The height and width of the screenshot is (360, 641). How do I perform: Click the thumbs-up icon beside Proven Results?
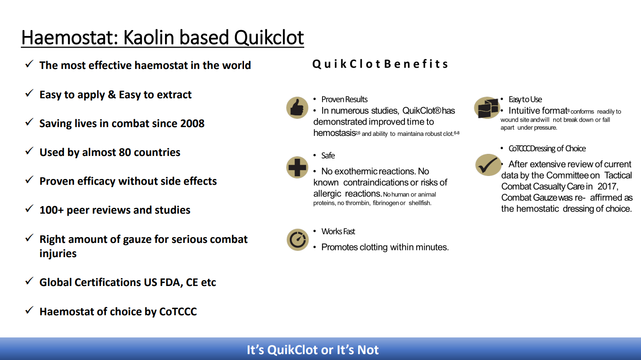coord(297,108)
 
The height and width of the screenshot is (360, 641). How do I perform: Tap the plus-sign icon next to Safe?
coord(297,167)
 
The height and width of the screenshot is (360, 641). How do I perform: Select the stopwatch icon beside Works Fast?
coord(298,240)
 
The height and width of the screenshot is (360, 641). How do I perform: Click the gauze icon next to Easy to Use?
coord(487,108)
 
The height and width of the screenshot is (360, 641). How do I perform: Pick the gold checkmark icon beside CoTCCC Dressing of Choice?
coord(488,165)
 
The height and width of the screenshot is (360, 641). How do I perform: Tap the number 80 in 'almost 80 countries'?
coord(125,152)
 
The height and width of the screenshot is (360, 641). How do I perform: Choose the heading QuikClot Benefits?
coord(380,64)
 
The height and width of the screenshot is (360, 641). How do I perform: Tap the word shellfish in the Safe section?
coord(420,203)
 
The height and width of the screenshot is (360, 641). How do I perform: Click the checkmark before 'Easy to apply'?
coord(29,93)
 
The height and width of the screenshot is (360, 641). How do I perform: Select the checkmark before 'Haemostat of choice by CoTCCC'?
coord(29,310)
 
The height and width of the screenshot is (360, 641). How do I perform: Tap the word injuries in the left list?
coord(58,254)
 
